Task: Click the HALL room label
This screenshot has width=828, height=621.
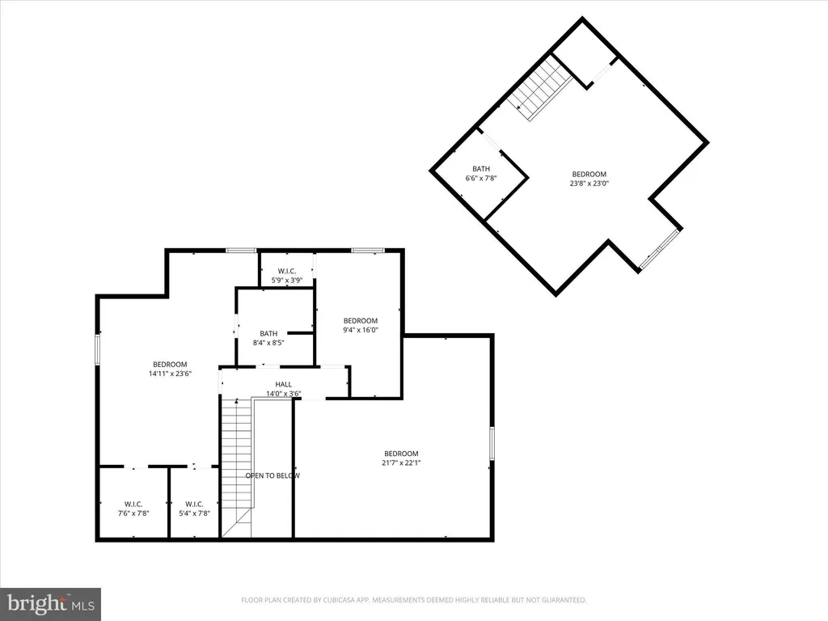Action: click(x=283, y=384)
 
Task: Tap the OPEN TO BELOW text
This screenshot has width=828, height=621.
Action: click(x=272, y=475)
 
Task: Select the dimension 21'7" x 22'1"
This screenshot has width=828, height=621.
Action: click(x=402, y=463)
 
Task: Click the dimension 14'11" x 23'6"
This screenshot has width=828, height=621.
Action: click(x=170, y=374)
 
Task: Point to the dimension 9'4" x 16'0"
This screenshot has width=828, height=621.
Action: click(x=360, y=330)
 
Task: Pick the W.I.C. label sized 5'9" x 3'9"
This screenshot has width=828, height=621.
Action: click(x=286, y=271)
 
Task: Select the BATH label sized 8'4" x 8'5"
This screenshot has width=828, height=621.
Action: click(x=268, y=333)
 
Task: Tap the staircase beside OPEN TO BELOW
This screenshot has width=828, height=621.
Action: click(x=237, y=461)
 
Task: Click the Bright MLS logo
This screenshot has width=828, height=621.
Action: click(x=50, y=603)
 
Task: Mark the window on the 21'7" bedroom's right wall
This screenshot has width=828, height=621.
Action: click(x=492, y=444)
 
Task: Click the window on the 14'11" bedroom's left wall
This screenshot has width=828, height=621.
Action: click(x=98, y=349)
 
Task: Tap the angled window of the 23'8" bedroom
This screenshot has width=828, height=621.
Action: click(x=658, y=250)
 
